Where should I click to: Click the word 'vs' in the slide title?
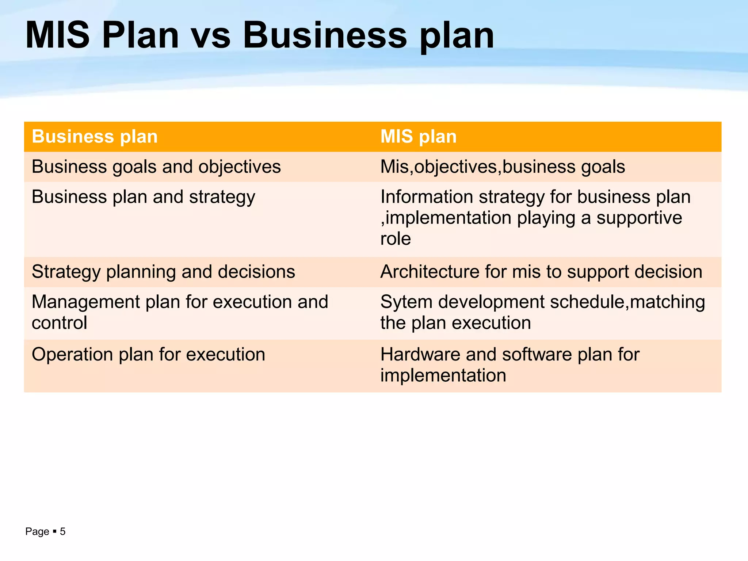pos(211,36)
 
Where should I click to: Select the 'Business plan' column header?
pos(95,137)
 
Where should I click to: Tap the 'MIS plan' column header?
pos(418,137)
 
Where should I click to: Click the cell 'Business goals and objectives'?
pos(156,167)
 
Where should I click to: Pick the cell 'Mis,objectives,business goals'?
pos(503,167)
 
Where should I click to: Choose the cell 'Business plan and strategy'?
pos(143,197)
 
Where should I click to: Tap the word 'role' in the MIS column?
pos(396,239)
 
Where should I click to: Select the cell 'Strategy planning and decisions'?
pos(163,272)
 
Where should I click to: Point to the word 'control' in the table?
pos(59,323)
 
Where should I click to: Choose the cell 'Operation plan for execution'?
pos(148,355)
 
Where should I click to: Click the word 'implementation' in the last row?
pos(443,375)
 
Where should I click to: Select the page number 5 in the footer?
pos(63,531)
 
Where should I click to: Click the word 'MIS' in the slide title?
pos(57,36)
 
